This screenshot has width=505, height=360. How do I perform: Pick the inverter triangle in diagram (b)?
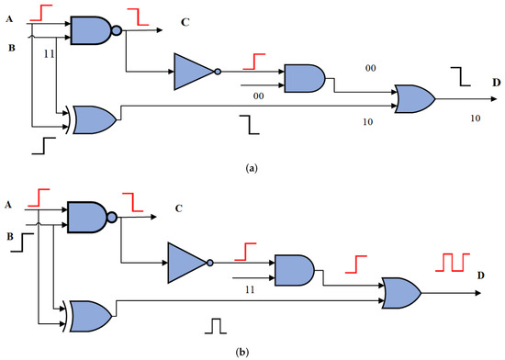187,261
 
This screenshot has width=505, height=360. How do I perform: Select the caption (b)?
252,351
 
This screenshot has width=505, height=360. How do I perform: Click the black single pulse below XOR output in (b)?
217,325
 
